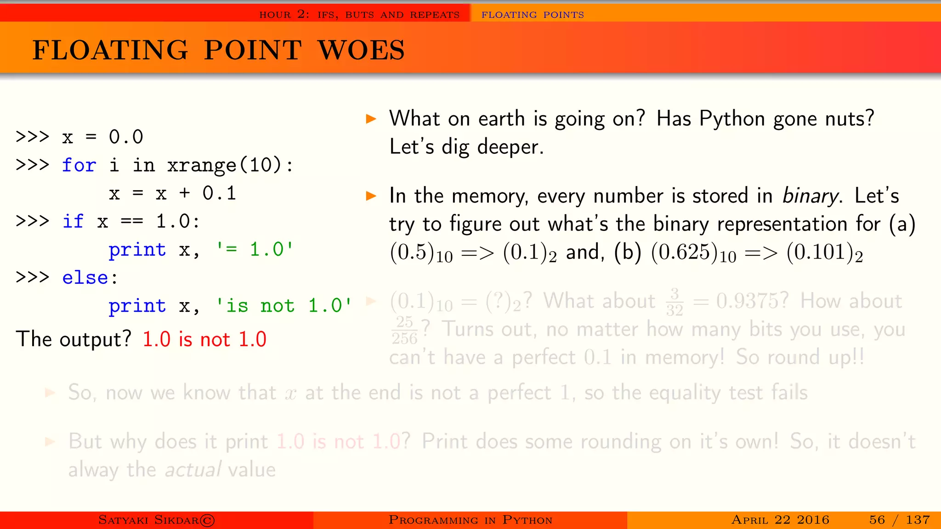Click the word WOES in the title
(x=361, y=50)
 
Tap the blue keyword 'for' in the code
(x=79, y=165)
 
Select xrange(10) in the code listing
(x=224, y=165)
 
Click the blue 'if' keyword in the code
(x=73, y=221)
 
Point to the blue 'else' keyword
(x=85, y=277)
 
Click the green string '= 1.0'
(x=254, y=249)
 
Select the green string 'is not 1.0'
(x=283, y=305)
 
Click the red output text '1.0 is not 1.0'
(x=204, y=339)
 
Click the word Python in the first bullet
(x=732, y=118)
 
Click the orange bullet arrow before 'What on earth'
(x=371, y=119)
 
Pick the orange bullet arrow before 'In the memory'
(x=371, y=197)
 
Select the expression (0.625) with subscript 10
(x=693, y=253)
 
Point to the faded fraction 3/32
(x=675, y=302)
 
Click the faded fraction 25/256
(x=404, y=330)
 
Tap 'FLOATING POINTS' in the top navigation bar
(x=533, y=15)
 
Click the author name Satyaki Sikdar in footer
(x=156, y=520)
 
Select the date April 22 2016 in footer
(x=780, y=520)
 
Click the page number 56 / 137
(x=899, y=520)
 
